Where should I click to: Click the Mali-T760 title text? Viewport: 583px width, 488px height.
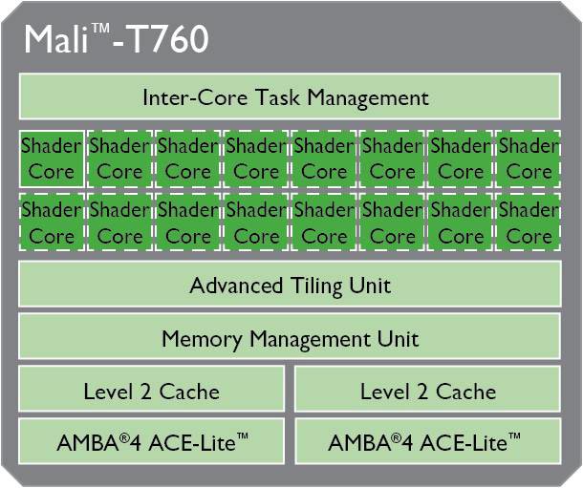[116, 40]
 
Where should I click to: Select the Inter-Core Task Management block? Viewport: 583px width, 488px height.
[290, 96]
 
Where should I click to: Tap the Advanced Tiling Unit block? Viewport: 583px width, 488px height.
[290, 285]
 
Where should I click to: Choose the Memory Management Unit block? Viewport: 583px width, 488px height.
[290, 337]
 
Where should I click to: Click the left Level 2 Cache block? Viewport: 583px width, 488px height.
[151, 390]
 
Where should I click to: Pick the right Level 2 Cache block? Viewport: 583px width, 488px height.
[427, 390]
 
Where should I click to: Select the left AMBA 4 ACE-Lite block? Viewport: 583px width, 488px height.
[151, 442]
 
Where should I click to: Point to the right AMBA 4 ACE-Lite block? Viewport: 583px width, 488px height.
[427, 442]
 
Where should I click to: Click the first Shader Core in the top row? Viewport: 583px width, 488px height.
[52, 159]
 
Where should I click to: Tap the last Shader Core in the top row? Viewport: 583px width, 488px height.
[529, 159]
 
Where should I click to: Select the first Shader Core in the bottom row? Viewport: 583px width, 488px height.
[52, 222]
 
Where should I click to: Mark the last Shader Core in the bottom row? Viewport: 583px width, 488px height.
[529, 222]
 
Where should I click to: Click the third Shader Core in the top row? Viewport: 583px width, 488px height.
[188, 159]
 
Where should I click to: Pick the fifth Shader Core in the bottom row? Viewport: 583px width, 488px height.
[324, 222]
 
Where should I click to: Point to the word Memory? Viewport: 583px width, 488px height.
[202, 338]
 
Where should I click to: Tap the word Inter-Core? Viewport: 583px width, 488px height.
[184, 96]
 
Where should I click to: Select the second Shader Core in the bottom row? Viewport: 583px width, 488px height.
[119, 222]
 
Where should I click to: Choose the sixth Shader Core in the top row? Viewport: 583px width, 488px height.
[392, 159]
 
